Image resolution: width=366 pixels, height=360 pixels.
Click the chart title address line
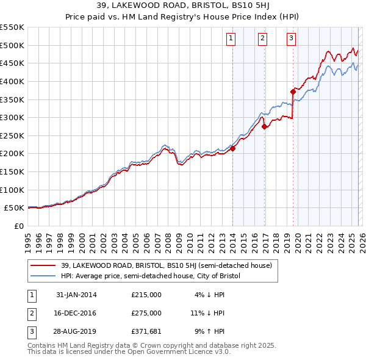(x=182, y=7)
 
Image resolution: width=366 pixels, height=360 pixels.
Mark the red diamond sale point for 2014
(x=232, y=148)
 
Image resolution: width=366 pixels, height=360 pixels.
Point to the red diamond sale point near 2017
(x=264, y=127)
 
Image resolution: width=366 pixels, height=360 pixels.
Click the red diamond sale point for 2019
(x=293, y=92)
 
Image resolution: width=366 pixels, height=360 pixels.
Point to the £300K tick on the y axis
(x=12, y=117)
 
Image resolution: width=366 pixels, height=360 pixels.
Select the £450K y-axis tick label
(x=12, y=63)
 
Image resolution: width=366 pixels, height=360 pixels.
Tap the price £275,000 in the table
(x=146, y=313)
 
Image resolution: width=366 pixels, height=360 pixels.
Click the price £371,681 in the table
(x=146, y=331)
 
